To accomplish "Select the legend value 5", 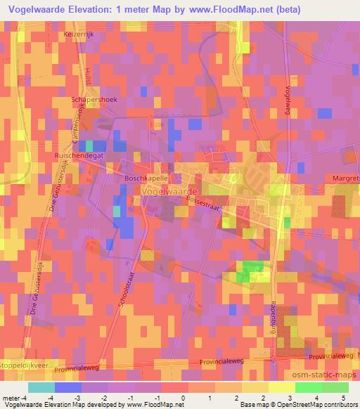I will point(343,398).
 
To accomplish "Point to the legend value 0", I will point(183,398).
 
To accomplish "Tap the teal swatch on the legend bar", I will point(41,387).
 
